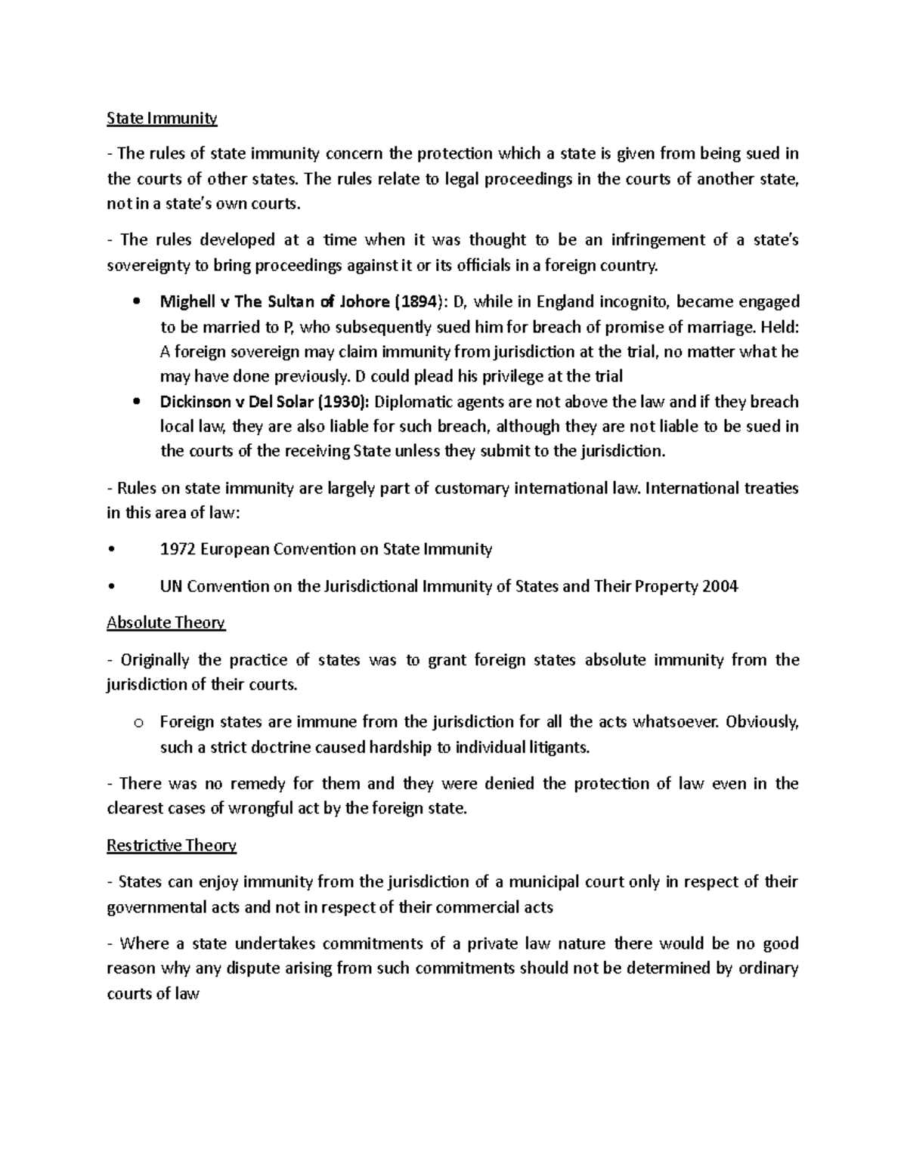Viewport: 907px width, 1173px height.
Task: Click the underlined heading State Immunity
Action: click(x=162, y=118)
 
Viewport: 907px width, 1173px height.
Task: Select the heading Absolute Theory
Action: click(x=166, y=623)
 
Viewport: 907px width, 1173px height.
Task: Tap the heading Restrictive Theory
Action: click(x=172, y=845)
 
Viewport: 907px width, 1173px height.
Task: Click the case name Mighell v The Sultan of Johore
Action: click(x=275, y=302)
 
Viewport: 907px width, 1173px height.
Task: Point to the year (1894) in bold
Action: click(x=416, y=302)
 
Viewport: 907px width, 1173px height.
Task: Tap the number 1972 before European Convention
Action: click(x=178, y=549)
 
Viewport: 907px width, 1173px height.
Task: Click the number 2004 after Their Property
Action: click(x=720, y=586)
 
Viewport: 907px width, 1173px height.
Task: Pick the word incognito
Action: click(x=633, y=302)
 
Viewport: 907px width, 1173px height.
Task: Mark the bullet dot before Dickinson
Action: click(x=136, y=402)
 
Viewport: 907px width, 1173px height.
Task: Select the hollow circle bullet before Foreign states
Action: click(x=138, y=723)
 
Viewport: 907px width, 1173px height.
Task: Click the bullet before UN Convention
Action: click(x=111, y=587)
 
